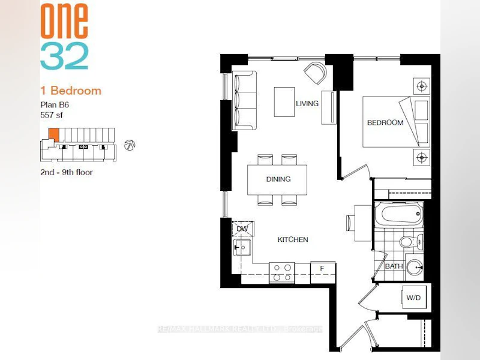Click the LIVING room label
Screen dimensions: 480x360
(x=307, y=103)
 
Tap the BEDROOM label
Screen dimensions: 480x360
(x=385, y=123)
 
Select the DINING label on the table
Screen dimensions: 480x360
(x=278, y=179)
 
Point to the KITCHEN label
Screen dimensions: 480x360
(x=293, y=239)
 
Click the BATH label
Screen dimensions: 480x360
(x=394, y=266)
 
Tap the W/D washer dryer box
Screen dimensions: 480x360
(x=413, y=297)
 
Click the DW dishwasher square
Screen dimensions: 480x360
(x=242, y=229)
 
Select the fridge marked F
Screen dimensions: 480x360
(x=323, y=272)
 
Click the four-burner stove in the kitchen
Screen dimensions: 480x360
(x=282, y=273)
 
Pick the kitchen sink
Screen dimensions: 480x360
(x=242, y=247)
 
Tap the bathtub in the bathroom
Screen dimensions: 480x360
(x=399, y=214)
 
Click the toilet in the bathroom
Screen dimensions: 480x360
(x=411, y=242)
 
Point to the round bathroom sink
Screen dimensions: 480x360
(x=415, y=267)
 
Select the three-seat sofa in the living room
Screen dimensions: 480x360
(x=244, y=101)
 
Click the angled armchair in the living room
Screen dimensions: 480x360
(x=315, y=73)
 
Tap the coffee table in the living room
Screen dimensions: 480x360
(x=284, y=102)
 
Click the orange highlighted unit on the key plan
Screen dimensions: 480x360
(x=54, y=134)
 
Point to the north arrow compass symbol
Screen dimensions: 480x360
(x=130, y=145)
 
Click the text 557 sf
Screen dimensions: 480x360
(x=52, y=115)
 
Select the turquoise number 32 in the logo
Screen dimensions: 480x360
(x=64, y=56)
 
